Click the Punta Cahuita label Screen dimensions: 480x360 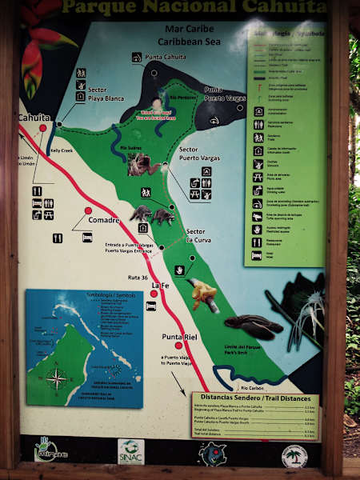(165, 57)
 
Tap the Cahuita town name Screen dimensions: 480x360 (34, 118)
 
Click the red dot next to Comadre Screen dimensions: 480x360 (88, 210)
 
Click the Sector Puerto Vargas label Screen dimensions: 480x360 (199, 154)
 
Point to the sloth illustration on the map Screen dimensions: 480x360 (143, 164)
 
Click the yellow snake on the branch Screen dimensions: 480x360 (203, 294)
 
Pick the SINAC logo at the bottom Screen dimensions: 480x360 (132, 452)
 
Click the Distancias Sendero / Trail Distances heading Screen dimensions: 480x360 (254, 398)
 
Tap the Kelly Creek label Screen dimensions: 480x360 (61, 150)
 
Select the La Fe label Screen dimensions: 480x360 (160, 286)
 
